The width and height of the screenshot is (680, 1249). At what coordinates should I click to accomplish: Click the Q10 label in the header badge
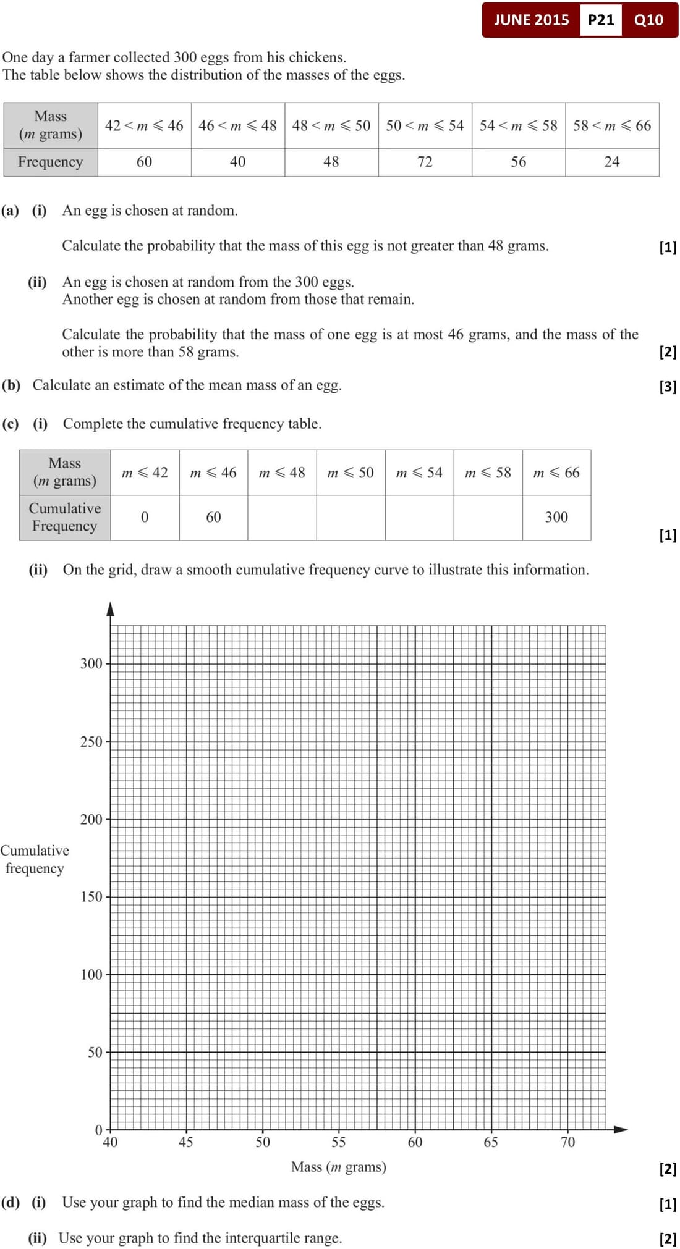pyautogui.click(x=648, y=20)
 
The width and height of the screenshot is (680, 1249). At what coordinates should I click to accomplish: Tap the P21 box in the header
pyautogui.click(x=600, y=20)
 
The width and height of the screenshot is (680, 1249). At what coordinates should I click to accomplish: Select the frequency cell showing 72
pyautogui.click(x=425, y=162)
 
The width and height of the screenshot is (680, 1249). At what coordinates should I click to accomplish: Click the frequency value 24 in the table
pyautogui.click(x=611, y=162)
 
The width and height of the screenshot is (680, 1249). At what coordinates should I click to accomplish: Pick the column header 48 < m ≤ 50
pyautogui.click(x=331, y=125)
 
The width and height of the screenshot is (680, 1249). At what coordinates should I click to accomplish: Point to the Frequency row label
pyautogui.click(x=50, y=162)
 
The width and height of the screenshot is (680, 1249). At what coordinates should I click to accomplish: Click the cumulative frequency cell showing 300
pyautogui.click(x=556, y=517)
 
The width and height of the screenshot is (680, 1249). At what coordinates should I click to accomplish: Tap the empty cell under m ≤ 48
pyautogui.click(x=282, y=517)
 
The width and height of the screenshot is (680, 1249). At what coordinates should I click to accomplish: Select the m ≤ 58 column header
pyautogui.click(x=488, y=473)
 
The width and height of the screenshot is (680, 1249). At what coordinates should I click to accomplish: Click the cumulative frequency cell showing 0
pyautogui.click(x=145, y=517)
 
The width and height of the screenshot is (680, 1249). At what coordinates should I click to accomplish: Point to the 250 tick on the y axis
pyautogui.click(x=91, y=741)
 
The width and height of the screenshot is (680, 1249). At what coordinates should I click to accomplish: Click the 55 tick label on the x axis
pyautogui.click(x=338, y=1142)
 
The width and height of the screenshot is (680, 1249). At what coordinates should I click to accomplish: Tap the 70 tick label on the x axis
pyautogui.click(x=567, y=1142)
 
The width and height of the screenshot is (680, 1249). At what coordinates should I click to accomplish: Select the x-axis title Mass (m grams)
pyautogui.click(x=339, y=1167)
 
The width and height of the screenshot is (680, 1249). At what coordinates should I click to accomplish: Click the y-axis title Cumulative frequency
pyautogui.click(x=35, y=859)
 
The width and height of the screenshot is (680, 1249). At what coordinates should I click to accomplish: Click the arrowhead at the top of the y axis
pyautogui.click(x=111, y=609)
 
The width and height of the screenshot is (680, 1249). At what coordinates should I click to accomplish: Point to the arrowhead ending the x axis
pyautogui.click(x=621, y=1129)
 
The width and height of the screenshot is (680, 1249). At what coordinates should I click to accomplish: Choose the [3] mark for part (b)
pyautogui.click(x=668, y=387)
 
